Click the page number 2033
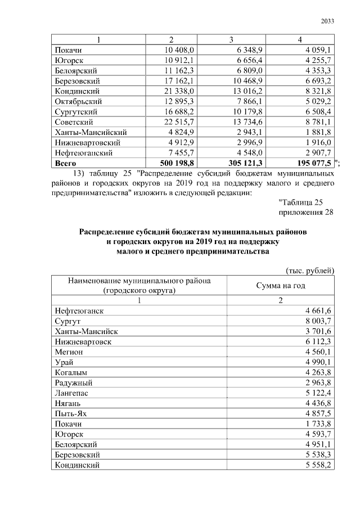click(327, 21)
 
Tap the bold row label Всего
click(66, 163)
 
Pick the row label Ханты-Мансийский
click(91, 132)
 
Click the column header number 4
click(300, 40)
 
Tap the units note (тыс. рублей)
click(310, 271)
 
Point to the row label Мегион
click(69, 351)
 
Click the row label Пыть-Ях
click(71, 413)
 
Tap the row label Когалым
click(71, 372)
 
